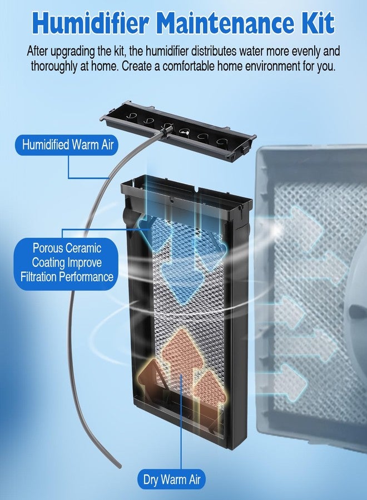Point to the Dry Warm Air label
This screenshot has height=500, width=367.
172,479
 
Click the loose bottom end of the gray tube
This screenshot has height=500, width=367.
120,466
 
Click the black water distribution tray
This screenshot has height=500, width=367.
177,131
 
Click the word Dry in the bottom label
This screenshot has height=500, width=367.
150,479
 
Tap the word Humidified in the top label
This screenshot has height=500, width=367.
46,145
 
